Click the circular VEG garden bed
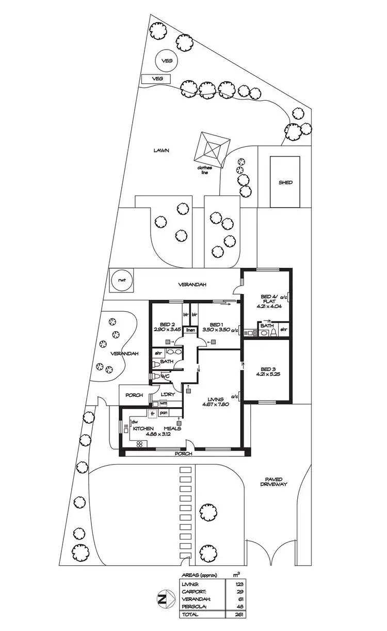[x=166, y=60]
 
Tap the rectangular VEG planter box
[x=157, y=79]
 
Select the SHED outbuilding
[x=285, y=181]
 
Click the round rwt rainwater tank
[x=122, y=281]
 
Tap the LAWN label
[x=162, y=150]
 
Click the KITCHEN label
[x=142, y=428]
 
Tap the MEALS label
[x=172, y=428]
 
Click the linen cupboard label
[x=190, y=329]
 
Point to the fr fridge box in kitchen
[x=153, y=413]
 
